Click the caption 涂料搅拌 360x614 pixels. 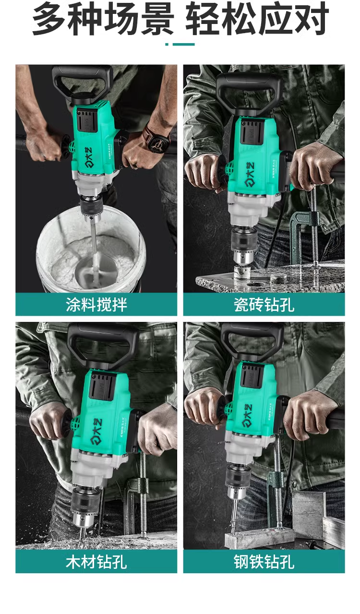point(96,305)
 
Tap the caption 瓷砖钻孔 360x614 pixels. point(264,305)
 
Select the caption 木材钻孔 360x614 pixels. point(96,561)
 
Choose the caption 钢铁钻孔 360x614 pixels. point(264,561)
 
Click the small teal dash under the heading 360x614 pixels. point(180,44)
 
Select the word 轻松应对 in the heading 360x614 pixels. point(257,19)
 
